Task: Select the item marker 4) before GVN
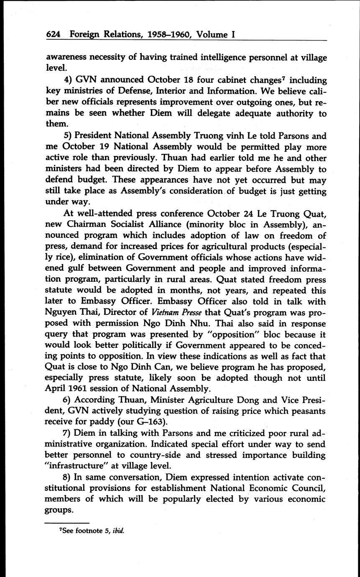68,79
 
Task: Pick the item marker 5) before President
68,136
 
